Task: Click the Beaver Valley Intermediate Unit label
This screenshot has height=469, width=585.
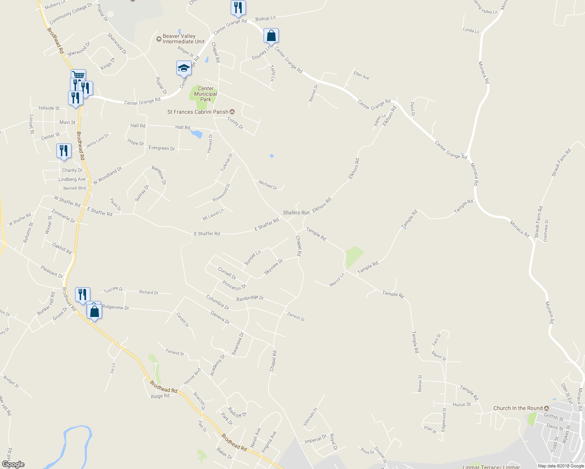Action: pos(183,39)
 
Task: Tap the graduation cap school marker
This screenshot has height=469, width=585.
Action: pos(184,68)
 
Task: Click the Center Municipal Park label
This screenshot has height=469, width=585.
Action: pos(205,94)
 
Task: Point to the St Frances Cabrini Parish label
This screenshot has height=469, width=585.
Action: pos(197,112)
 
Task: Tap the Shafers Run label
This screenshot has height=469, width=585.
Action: pos(296,213)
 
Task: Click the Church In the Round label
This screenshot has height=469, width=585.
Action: pos(518,408)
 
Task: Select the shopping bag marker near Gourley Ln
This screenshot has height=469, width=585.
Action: pos(271,36)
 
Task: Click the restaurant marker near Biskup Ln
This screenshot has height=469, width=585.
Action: pos(238,8)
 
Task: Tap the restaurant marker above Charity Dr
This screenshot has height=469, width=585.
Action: pos(64,150)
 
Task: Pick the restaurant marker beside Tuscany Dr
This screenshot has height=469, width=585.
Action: pos(83,294)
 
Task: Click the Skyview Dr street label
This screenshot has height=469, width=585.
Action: pos(273,267)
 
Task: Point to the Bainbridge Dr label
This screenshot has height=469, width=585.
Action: pos(250,298)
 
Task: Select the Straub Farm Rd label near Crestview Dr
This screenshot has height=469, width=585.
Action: pos(538,222)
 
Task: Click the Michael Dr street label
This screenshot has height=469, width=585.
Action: pos(268,185)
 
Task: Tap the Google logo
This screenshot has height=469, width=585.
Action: pos(13,464)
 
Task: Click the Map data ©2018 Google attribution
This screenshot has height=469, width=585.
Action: pos(560,466)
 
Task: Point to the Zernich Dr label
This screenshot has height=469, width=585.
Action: pos(296,316)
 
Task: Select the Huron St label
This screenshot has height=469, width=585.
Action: pos(462,405)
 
